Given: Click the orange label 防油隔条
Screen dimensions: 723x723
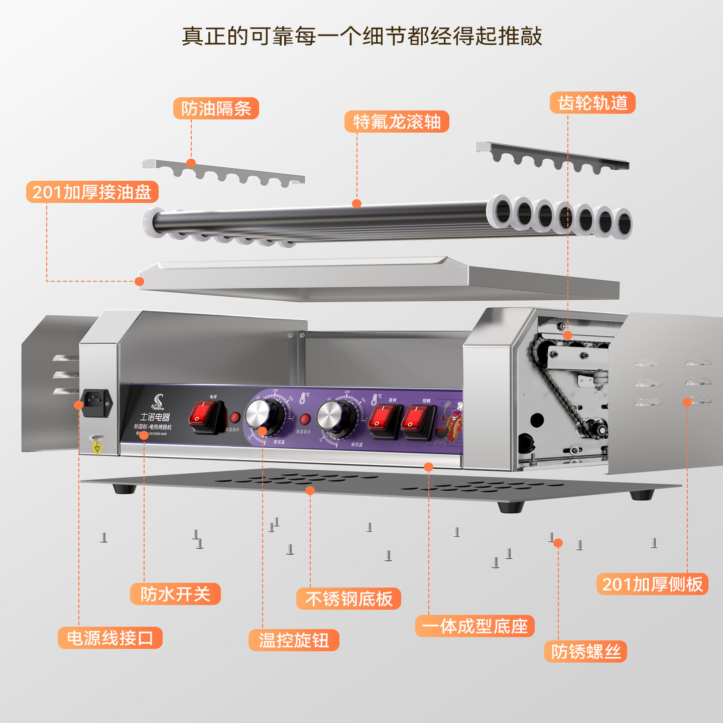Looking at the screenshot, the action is (x=216, y=108).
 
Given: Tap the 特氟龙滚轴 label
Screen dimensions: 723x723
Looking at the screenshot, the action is (x=397, y=122).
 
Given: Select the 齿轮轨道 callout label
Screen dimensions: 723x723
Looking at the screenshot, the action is (x=592, y=103).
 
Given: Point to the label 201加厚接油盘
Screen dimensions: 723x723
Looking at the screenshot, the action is (x=92, y=192).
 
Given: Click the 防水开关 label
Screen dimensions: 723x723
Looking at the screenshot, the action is (x=175, y=594).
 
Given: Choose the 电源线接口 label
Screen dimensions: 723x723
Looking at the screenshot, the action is (x=110, y=638).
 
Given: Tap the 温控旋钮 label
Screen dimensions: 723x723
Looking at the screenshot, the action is (x=294, y=640).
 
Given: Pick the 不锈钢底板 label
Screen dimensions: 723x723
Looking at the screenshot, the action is (x=348, y=598).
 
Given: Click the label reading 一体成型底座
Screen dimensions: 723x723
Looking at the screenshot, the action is (x=474, y=626).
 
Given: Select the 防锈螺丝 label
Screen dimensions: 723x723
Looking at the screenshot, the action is (x=585, y=652).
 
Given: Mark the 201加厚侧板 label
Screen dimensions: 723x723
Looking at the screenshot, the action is (x=652, y=584).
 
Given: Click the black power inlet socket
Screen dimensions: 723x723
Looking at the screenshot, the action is (x=95, y=403).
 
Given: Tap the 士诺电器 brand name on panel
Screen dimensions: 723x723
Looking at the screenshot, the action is (x=155, y=417).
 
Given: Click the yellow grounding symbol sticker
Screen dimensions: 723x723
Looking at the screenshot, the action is (x=97, y=447).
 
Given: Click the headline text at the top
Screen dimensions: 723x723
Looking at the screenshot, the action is (x=361, y=36).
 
